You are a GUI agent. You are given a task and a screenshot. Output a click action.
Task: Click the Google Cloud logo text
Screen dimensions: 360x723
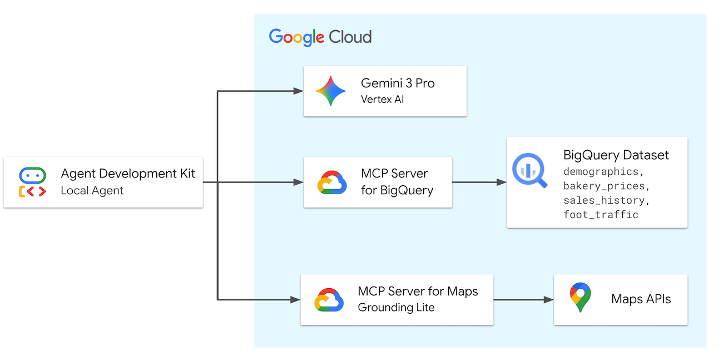[x=320, y=37]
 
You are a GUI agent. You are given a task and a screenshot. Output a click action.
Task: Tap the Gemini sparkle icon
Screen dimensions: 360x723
[x=330, y=91]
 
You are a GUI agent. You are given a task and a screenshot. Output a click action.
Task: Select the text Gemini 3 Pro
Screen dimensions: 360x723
[x=398, y=83]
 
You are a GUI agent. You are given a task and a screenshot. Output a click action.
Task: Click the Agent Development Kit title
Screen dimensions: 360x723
[x=128, y=174]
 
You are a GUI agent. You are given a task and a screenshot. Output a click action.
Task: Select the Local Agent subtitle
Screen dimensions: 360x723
[x=92, y=190]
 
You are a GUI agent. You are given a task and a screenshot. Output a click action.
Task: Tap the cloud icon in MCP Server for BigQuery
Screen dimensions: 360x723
[x=332, y=183]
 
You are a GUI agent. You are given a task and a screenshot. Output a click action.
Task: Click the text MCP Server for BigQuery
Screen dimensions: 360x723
[x=397, y=182]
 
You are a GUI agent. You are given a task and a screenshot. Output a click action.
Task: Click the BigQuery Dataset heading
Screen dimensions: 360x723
[x=616, y=155]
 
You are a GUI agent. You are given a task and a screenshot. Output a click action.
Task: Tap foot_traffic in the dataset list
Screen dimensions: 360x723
[x=601, y=215]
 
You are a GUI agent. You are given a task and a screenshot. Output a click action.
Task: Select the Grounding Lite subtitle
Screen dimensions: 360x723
[x=396, y=307]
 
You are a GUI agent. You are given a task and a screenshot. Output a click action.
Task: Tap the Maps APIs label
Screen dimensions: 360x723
[x=641, y=299]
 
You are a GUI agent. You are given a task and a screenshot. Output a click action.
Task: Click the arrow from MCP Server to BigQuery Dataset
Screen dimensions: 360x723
[x=479, y=182]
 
